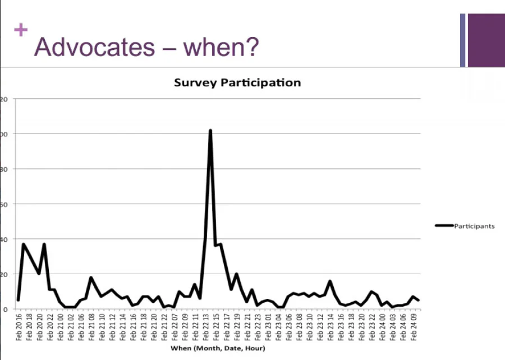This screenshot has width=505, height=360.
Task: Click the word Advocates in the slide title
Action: coord(94,47)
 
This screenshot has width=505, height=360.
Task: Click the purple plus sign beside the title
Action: coord(21,30)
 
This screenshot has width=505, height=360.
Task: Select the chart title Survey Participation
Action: coord(237,83)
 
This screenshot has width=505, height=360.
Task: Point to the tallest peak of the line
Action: coord(210,130)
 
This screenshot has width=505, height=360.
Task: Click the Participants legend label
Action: coord(474,226)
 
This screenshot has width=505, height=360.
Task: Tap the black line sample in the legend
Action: coord(444,226)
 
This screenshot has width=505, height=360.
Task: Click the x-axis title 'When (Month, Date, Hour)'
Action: coord(219,348)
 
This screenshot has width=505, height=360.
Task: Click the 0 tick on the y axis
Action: coord(4,309)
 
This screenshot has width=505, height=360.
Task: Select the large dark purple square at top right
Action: coord(486,40)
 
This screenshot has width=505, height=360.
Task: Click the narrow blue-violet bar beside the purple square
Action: coord(463,40)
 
